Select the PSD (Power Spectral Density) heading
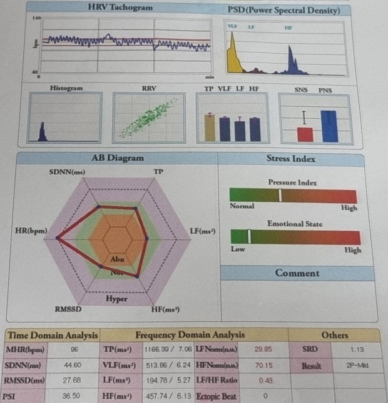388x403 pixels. coord(283,11)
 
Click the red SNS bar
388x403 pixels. coord(305,134)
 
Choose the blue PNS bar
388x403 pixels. coord(329,126)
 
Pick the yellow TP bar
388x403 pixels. coord(210,128)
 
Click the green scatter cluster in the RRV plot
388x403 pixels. coord(149,118)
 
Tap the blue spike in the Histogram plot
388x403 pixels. coord(43,132)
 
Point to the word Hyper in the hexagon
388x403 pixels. coord(116,299)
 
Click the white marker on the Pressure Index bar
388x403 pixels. coord(280,195)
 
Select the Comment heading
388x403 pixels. coord(297,273)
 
